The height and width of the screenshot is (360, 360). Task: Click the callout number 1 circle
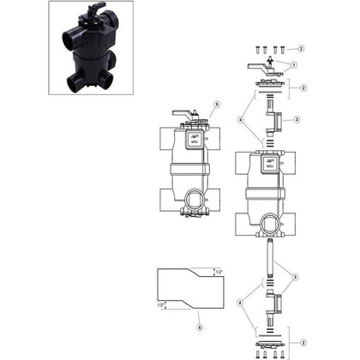tap(295, 65)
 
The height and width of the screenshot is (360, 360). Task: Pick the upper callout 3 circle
tap(295, 120)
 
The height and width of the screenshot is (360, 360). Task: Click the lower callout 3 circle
tap(296, 277)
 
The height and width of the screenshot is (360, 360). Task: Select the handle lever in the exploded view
tap(258, 64)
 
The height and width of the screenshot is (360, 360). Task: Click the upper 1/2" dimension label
tap(217, 271)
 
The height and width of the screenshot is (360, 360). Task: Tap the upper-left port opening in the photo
tap(67, 42)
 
